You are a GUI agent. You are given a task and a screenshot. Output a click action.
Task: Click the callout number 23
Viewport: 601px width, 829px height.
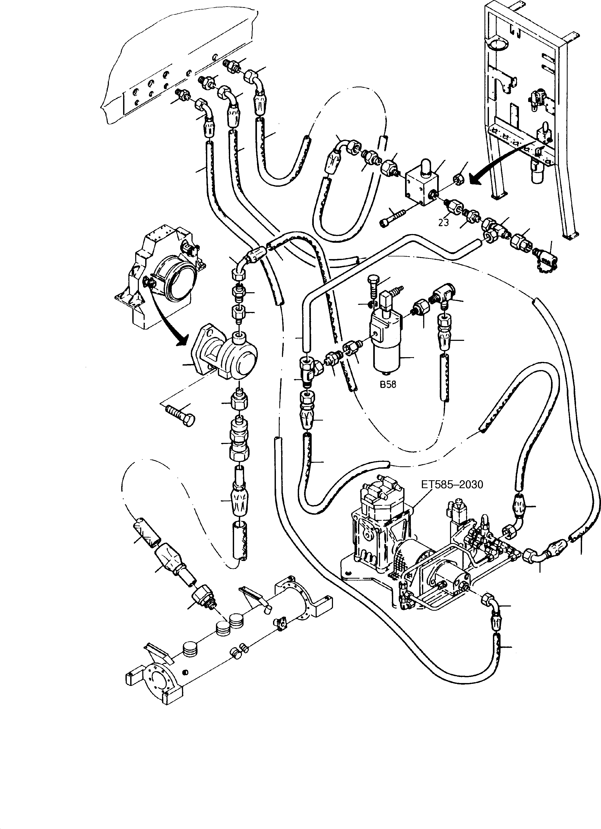[x=443, y=222]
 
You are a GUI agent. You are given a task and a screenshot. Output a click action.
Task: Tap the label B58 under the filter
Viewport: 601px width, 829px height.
[x=388, y=385]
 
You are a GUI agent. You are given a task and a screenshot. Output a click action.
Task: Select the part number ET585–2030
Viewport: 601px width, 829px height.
[x=452, y=485]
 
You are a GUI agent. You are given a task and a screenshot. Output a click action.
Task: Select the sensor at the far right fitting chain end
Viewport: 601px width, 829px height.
[x=546, y=260]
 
